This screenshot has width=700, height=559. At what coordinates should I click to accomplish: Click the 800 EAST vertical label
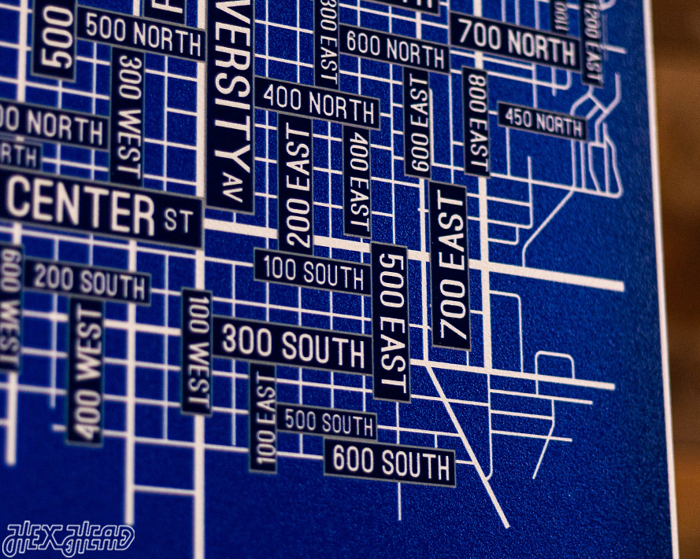tap(476, 122)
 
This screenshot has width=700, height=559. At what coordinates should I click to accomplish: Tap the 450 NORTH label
tap(543, 120)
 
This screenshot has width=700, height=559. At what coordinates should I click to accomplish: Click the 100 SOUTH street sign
tap(312, 272)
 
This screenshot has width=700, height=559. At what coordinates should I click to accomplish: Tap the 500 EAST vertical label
tap(391, 322)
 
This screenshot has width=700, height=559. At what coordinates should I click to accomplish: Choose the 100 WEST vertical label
tap(197, 351)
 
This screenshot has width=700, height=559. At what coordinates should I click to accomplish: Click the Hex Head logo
tap(69, 539)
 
